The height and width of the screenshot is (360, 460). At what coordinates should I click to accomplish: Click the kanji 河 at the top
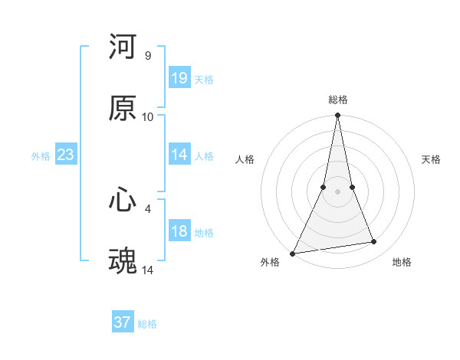(x=123, y=47)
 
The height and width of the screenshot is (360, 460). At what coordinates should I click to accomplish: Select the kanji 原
(x=123, y=109)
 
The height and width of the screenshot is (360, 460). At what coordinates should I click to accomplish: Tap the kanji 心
(x=123, y=200)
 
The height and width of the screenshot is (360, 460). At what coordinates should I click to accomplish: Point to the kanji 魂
(x=123, y=261)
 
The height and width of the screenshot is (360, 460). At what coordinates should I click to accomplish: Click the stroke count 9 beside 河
(x=148, y=56)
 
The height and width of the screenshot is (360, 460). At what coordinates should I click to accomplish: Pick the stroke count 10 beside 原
(x=148, y=117)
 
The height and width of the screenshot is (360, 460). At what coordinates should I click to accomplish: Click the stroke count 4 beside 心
(x=148, y=208)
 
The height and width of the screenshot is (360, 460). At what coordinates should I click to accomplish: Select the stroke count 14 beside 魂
(x=148, y=270)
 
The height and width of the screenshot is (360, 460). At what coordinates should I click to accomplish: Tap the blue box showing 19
(x=179, y=77)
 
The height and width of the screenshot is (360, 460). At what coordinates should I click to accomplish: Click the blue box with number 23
(x=66, y=155)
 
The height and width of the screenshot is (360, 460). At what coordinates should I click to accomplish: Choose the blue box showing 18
(x=179, y=231)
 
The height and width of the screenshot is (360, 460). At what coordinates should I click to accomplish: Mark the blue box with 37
(x=123, y=322)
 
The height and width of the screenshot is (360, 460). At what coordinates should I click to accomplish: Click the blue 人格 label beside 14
(x=204, y=155)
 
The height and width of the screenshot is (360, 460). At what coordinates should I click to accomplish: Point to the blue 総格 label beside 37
(x=147, y=324)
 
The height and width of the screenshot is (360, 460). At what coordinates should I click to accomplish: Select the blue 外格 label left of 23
(x=41, y=156)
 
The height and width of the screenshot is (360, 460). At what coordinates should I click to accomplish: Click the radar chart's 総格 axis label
(x=338, y=100)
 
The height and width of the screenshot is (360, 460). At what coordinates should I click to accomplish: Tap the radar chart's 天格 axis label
(x=432, y=159)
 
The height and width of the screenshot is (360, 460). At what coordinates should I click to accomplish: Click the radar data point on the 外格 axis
(x=293, y=253)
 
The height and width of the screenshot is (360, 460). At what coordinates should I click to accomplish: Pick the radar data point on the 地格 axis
(x=374, y=242)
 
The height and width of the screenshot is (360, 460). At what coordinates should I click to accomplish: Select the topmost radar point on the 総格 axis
(x=338, y=115)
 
